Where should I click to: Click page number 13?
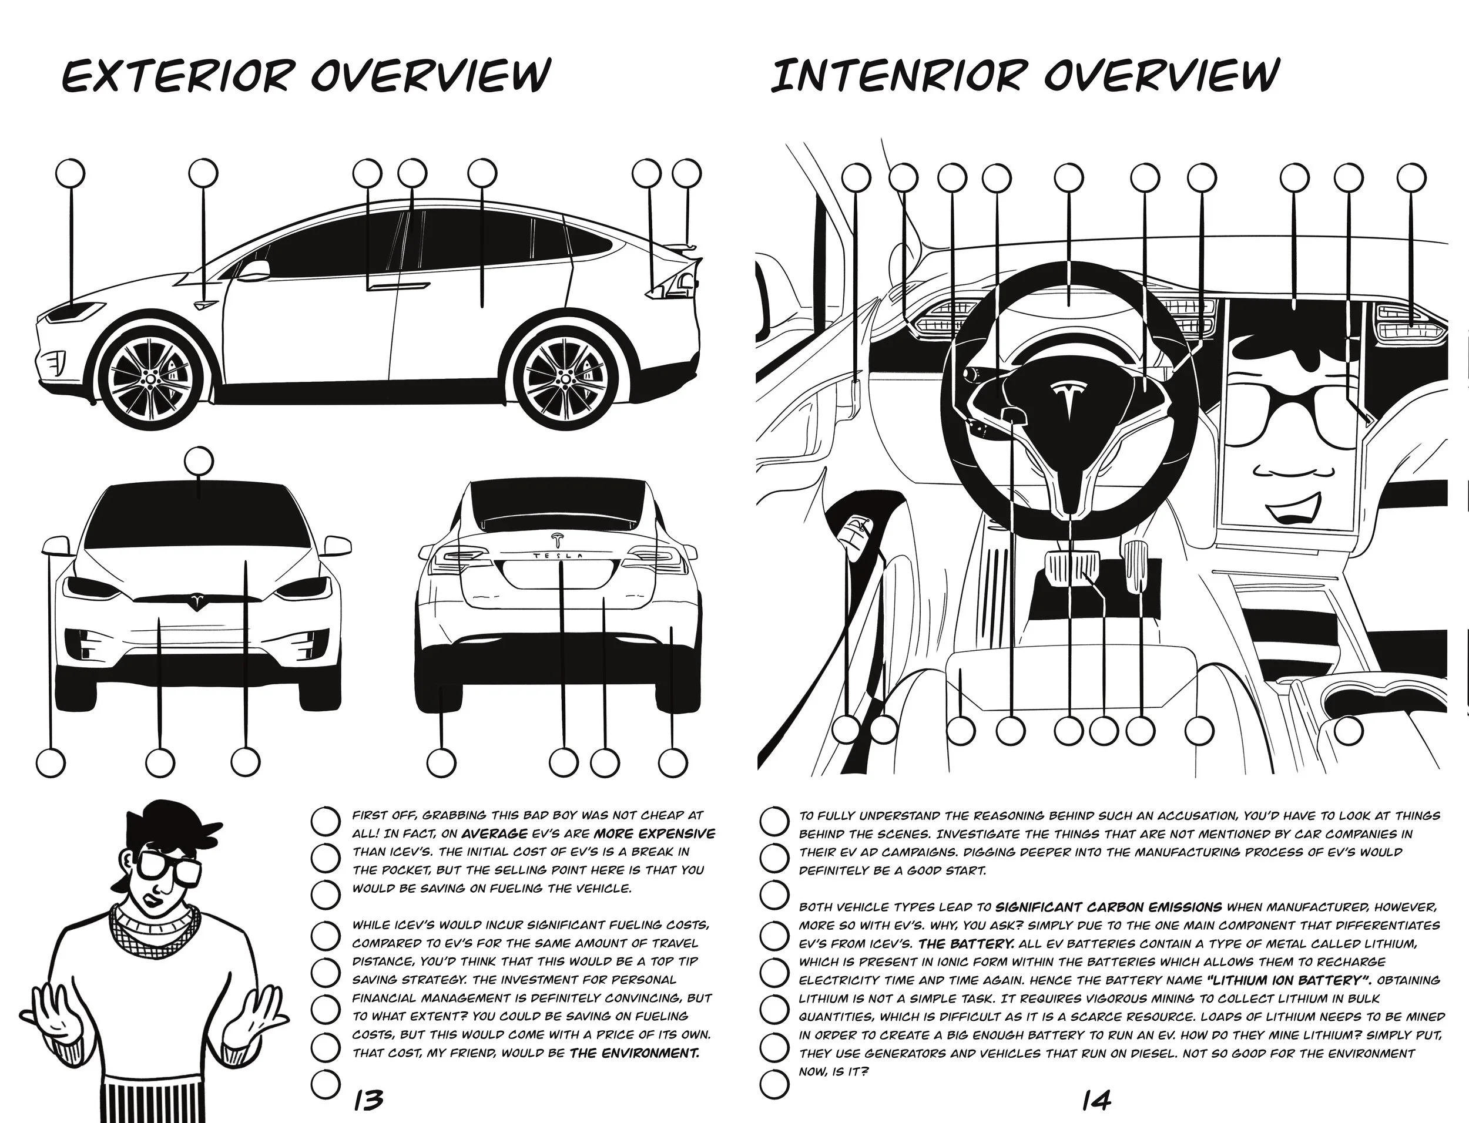point(368,1100)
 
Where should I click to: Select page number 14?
point(1097,1100)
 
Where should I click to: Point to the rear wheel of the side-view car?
point(566,379)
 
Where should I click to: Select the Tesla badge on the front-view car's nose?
point(197,600)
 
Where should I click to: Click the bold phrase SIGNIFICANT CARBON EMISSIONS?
point(1108,907)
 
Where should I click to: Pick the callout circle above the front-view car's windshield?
point(199,461)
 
